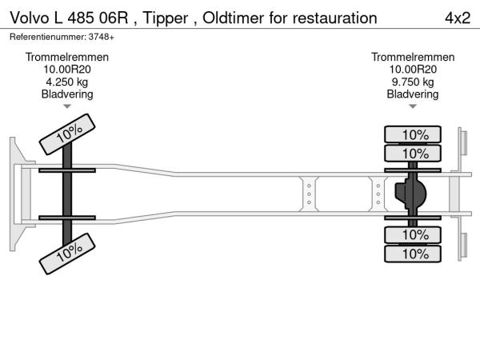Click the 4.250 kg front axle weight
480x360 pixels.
point(67,82)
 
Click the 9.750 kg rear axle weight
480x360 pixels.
point(413,82)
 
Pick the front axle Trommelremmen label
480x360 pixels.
point(67,58)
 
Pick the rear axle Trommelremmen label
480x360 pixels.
point(413,58)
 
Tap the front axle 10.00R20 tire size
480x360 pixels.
point(67,70)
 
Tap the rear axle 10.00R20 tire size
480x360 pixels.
point(413,70)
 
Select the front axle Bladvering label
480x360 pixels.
point(67,94)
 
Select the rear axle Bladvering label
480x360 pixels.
point(413,94)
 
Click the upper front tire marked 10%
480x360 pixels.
point(69,133)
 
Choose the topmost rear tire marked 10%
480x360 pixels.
point(414,134)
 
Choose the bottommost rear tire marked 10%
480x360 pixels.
point(414,254)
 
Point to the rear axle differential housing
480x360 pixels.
point(411,194)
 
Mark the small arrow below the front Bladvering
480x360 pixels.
point(67,106)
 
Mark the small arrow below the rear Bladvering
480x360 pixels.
point(413,106)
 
